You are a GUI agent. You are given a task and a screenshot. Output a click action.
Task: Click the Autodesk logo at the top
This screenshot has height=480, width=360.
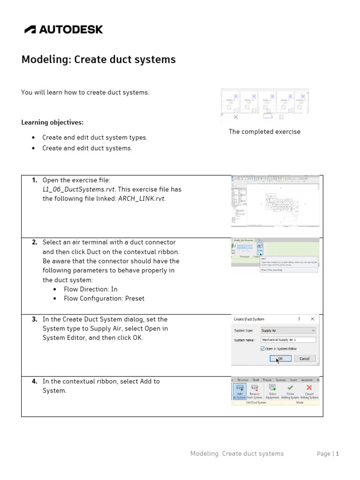coord(63,30)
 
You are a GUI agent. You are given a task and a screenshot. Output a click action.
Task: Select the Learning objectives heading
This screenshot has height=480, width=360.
coord(52,122)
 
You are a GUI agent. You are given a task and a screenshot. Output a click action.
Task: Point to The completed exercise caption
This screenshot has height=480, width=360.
coord(264,132)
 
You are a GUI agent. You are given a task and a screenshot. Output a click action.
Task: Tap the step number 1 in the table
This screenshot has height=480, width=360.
coord(35,180)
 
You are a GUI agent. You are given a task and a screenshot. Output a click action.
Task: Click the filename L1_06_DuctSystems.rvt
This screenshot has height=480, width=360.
coord(78,189)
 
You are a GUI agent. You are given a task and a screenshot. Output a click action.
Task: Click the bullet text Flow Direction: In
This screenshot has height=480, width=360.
coord(90,289)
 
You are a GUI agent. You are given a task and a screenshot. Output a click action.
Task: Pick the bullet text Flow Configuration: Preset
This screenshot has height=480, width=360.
coord(104,299)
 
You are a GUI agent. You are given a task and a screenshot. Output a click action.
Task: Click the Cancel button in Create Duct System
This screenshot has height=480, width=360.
coord(304,359)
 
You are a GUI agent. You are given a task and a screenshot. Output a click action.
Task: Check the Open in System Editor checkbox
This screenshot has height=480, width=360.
coord(262,349)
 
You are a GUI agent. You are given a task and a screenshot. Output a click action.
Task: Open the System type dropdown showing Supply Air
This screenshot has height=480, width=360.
coord(288,330)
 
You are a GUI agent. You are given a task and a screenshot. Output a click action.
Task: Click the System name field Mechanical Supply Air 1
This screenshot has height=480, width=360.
coord(288,340)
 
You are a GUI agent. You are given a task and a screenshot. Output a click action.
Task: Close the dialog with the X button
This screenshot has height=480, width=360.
coord(313,319)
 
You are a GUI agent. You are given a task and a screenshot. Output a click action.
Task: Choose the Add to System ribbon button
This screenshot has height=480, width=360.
coord(240,391)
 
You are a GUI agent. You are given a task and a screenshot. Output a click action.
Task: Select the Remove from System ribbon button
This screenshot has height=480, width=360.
coord(255,391)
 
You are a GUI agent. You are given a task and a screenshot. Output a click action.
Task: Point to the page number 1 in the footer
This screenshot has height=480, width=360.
coord(337,454)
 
